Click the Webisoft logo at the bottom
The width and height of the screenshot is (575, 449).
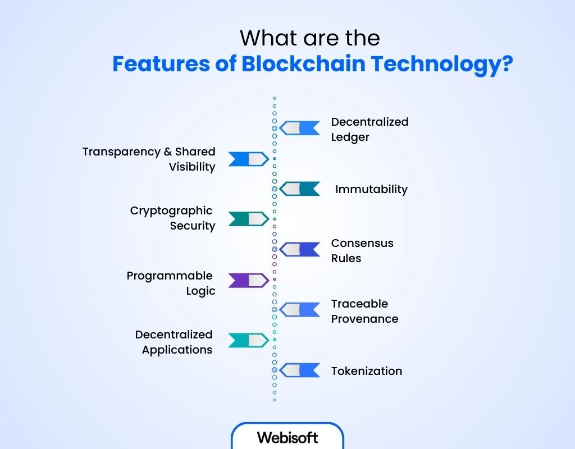[x=287, y=437]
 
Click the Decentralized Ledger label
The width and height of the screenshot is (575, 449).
[x=369, y=129]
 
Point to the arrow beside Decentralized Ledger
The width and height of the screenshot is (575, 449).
[x=300, y=129]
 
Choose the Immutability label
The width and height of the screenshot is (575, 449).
[x=371, y=189]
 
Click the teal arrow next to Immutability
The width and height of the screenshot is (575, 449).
[x=300, y=189]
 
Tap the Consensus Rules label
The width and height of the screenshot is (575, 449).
[x=362, y=250]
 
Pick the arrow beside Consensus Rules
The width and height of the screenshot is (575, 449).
[x=300, y=249]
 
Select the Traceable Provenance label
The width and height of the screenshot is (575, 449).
[x=364, y=311]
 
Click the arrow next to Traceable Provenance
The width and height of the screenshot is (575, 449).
[x=300, y=309]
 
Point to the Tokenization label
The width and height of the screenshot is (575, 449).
[x=366, y=371]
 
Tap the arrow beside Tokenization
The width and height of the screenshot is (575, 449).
[x=300, y=370]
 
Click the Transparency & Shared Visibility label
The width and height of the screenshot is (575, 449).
[x=149, y=159]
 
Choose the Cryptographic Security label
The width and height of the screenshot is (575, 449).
[x=172, y=218]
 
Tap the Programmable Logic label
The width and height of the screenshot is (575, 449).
[x=171, y=283]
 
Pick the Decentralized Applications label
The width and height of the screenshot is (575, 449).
[x=174, y=342]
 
